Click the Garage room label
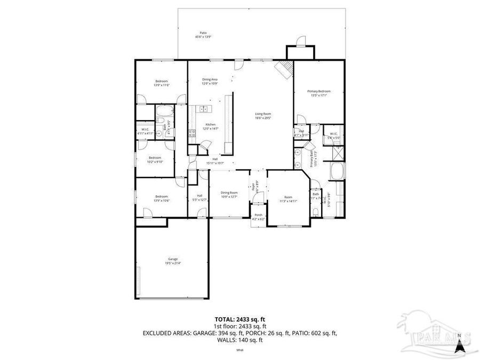coord(173,259)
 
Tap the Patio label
coord(202,33)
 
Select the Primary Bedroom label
coord(319,91)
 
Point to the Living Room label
coord(263,114)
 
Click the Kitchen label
coord(211,124)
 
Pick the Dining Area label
coord(209,79)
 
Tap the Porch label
coord(258,215)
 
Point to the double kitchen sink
coord(194,132)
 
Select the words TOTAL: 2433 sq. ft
coord(240,319)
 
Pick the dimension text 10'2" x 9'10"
coord(155,162)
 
